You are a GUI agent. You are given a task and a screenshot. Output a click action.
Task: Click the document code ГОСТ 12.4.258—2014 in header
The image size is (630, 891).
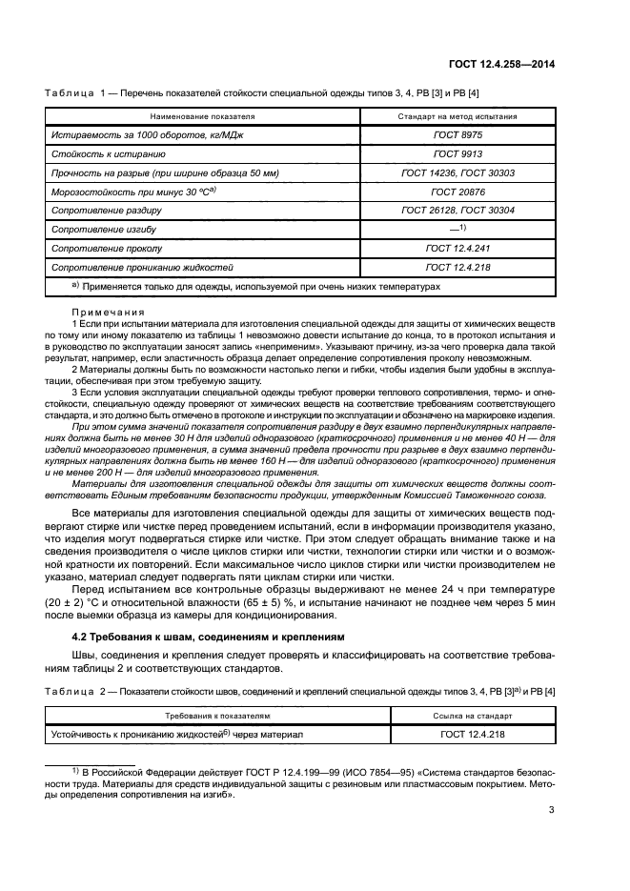click(x=502, y=65)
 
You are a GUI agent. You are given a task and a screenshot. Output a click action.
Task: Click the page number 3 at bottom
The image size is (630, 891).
click(x=552, y=811)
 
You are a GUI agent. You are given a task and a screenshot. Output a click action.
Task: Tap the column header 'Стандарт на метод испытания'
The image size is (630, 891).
click(x=457, y=116)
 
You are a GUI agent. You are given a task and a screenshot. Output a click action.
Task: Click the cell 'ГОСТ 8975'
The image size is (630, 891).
click(x=457, y=135)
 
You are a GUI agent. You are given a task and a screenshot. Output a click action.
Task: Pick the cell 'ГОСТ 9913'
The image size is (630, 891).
click(x=457, y=153)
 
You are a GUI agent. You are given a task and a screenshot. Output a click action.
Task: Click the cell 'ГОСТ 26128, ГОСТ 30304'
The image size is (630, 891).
click(x=457, y=211)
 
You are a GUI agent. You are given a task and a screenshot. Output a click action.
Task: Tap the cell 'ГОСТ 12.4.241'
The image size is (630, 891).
click(x=457, y=248)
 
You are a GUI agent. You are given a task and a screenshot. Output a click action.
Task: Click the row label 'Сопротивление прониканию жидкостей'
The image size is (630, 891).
click(x=142, y=267)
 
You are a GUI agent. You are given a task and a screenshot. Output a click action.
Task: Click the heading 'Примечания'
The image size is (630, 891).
click(x=108, y=312)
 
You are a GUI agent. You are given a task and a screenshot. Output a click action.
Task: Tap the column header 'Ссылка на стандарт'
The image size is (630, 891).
click(x=457, y=714)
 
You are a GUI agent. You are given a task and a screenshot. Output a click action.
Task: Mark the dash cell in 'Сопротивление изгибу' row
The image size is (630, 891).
click(x=457, y=229)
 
